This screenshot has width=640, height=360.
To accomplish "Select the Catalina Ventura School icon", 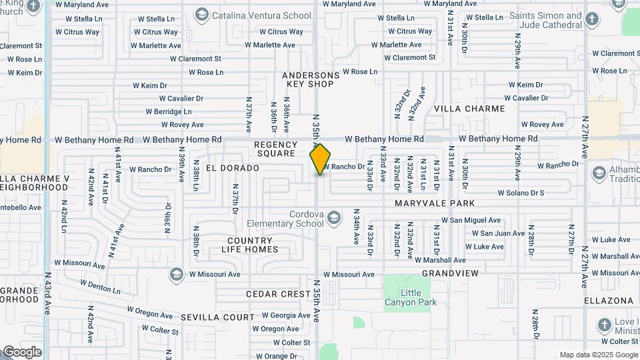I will click(x=201, y=14).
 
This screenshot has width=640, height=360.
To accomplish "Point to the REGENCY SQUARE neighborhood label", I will click(x=275, y=149).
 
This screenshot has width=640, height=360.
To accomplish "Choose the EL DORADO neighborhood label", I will click(x=232, y=168).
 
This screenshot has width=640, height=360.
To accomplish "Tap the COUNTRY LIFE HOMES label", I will click(x=249, y=245).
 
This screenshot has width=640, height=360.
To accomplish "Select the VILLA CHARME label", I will click(x=469, y=108).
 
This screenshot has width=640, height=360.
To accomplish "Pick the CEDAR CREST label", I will click(x=278, y=294).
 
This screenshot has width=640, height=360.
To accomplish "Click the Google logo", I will click(x=21, y=352).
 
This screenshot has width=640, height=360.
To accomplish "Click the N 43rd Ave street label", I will click(x=47, y=293).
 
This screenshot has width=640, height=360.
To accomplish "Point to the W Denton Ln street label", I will click(x=100, y=287).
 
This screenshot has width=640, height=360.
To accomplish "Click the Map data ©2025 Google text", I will click(x=598, y=355).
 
